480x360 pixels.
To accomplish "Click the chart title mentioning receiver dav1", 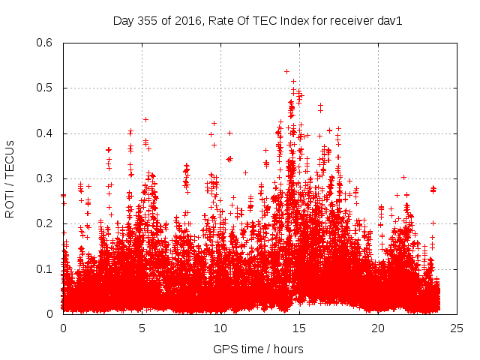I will click(x=258, y=21).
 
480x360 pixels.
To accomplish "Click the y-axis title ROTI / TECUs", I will click(x=10, y=178).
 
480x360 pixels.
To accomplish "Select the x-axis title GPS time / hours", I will click(x=258, y=349).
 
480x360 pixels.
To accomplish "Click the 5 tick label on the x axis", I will click(x=142, y=328).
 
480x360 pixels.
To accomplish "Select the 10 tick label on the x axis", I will click(x=220, y=328).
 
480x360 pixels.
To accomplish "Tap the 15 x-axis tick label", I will click(x=299, y=328).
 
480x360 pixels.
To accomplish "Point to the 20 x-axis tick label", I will click(x=378, y=328).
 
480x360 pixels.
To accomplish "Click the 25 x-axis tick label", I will click(x=457, y=328).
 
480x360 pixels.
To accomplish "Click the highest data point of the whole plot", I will click(x=286, y=72).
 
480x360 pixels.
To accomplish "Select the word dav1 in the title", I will click(x=391, y=21).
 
